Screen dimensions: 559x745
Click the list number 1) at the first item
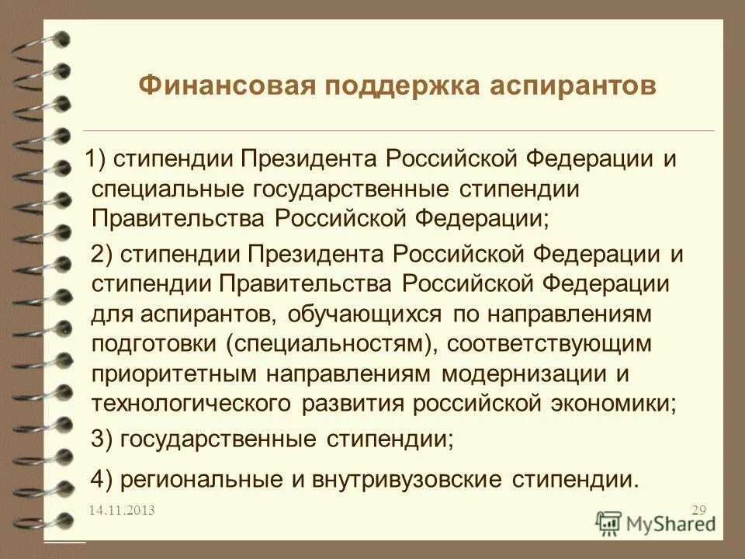(x=99, y=160)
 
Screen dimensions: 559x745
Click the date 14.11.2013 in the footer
(x=121, y=510)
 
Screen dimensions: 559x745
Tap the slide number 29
(x=698, y=510)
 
